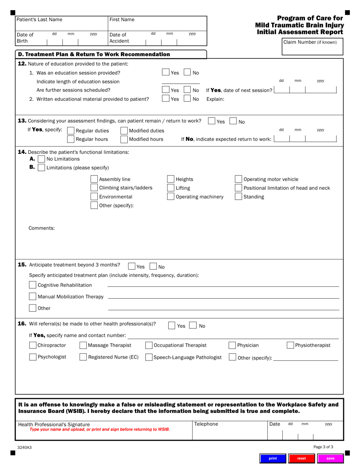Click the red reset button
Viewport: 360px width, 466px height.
point(301,458)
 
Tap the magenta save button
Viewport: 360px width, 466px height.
point(330,458)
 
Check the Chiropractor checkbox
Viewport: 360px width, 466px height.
point(33,345)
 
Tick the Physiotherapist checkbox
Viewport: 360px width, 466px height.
point(290,345)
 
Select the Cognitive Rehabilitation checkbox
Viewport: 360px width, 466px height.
point(33,285)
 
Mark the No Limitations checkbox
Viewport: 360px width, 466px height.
point(41,159)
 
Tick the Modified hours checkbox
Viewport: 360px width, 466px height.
point(124,139)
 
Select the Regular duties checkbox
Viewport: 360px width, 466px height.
point(70,131)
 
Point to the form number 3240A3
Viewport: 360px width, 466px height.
point(24,447)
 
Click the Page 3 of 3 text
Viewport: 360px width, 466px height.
point(323,447)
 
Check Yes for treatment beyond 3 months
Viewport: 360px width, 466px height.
point(131,266)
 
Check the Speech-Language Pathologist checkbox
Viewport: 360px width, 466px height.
point(149,357)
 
